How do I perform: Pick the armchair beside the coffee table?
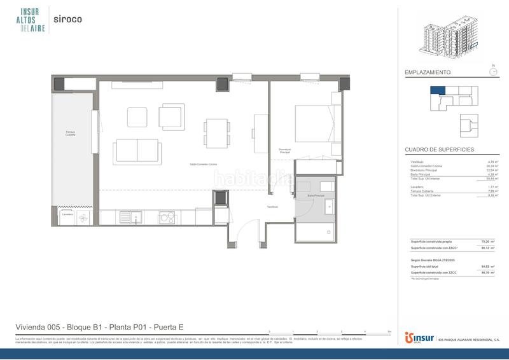coord(171,116)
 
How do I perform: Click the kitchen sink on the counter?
coord(135,218)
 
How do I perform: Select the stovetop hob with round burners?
coord(167,218)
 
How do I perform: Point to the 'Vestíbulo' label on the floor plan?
coord(272,207)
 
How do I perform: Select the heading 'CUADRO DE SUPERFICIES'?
coord(439,150)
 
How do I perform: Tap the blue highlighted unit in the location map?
coord(438,90)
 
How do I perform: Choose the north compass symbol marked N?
coord(492,71)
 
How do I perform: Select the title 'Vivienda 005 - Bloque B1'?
coord(100,327)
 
